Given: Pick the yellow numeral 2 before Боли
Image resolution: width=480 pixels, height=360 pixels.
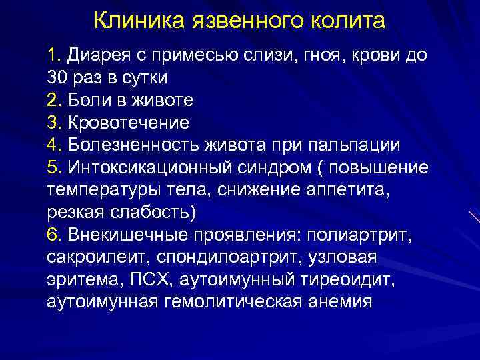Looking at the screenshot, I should pos(53,100).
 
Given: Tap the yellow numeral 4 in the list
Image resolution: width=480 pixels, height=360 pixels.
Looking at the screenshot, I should pos(53,145).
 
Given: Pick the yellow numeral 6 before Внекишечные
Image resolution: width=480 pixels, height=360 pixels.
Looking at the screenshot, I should pos(53,235).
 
